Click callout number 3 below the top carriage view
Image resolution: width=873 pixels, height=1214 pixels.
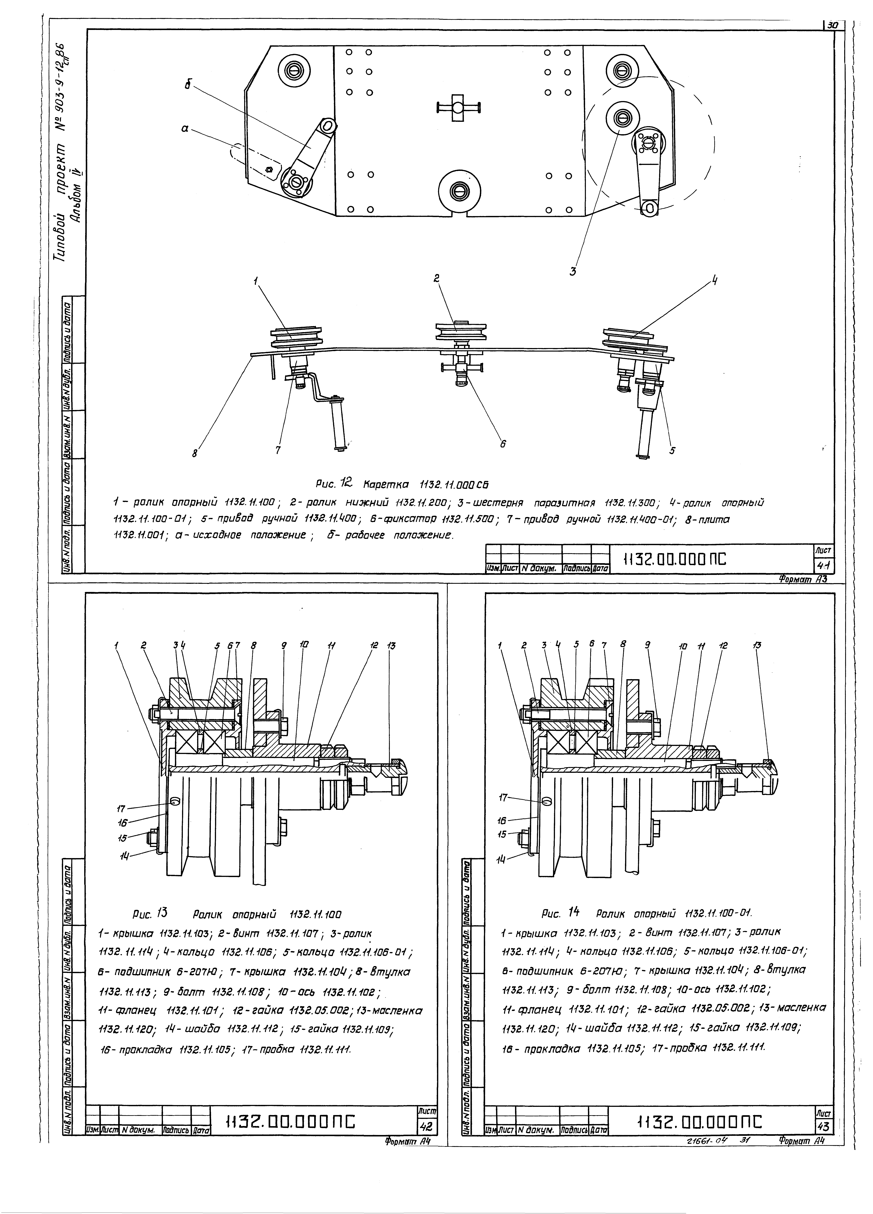[x=573, y=271]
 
